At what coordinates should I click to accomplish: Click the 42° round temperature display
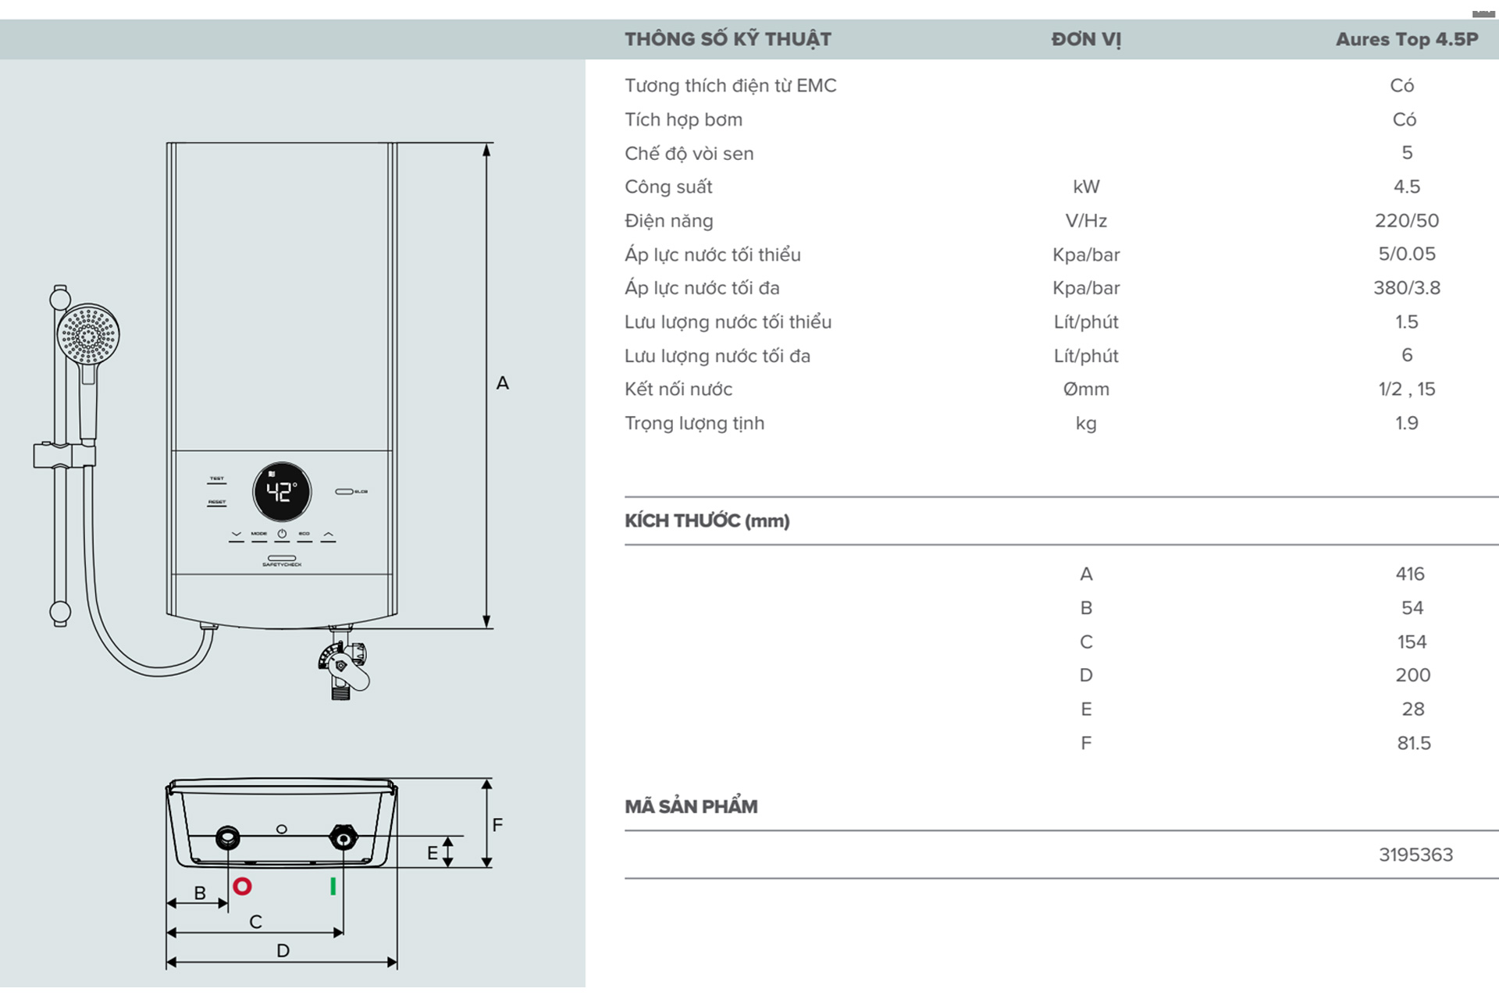282,492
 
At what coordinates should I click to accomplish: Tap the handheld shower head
88,335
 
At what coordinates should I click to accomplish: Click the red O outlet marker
242,887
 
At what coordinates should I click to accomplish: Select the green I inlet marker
333,887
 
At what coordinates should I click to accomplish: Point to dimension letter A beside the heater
503,383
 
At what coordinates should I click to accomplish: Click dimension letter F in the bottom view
497,825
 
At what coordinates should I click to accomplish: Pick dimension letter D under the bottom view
283,951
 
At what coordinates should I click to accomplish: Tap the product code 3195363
1415,855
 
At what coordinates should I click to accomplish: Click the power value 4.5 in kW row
1407,187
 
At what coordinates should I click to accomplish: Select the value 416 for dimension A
1410,574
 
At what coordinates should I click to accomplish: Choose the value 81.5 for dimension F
1414,743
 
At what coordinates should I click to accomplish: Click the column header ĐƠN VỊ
1086,39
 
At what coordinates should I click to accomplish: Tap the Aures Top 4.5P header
1407,39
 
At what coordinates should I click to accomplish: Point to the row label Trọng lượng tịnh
694,423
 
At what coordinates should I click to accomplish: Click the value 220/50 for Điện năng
1407,221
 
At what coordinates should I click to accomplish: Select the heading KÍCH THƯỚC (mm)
707,521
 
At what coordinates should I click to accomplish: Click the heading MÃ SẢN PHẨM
691,806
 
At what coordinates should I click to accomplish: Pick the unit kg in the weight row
1086,423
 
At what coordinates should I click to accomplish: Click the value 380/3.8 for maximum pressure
1407,288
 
